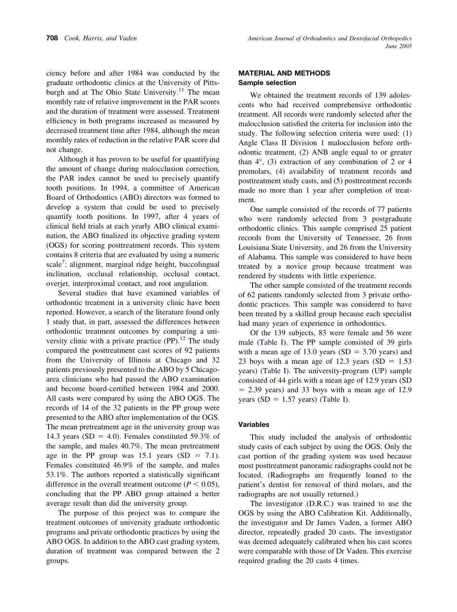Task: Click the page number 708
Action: pos(52,38)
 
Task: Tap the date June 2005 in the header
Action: pos(398,46)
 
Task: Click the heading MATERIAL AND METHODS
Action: pos(284,73)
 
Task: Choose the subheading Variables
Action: pos(254,425)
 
